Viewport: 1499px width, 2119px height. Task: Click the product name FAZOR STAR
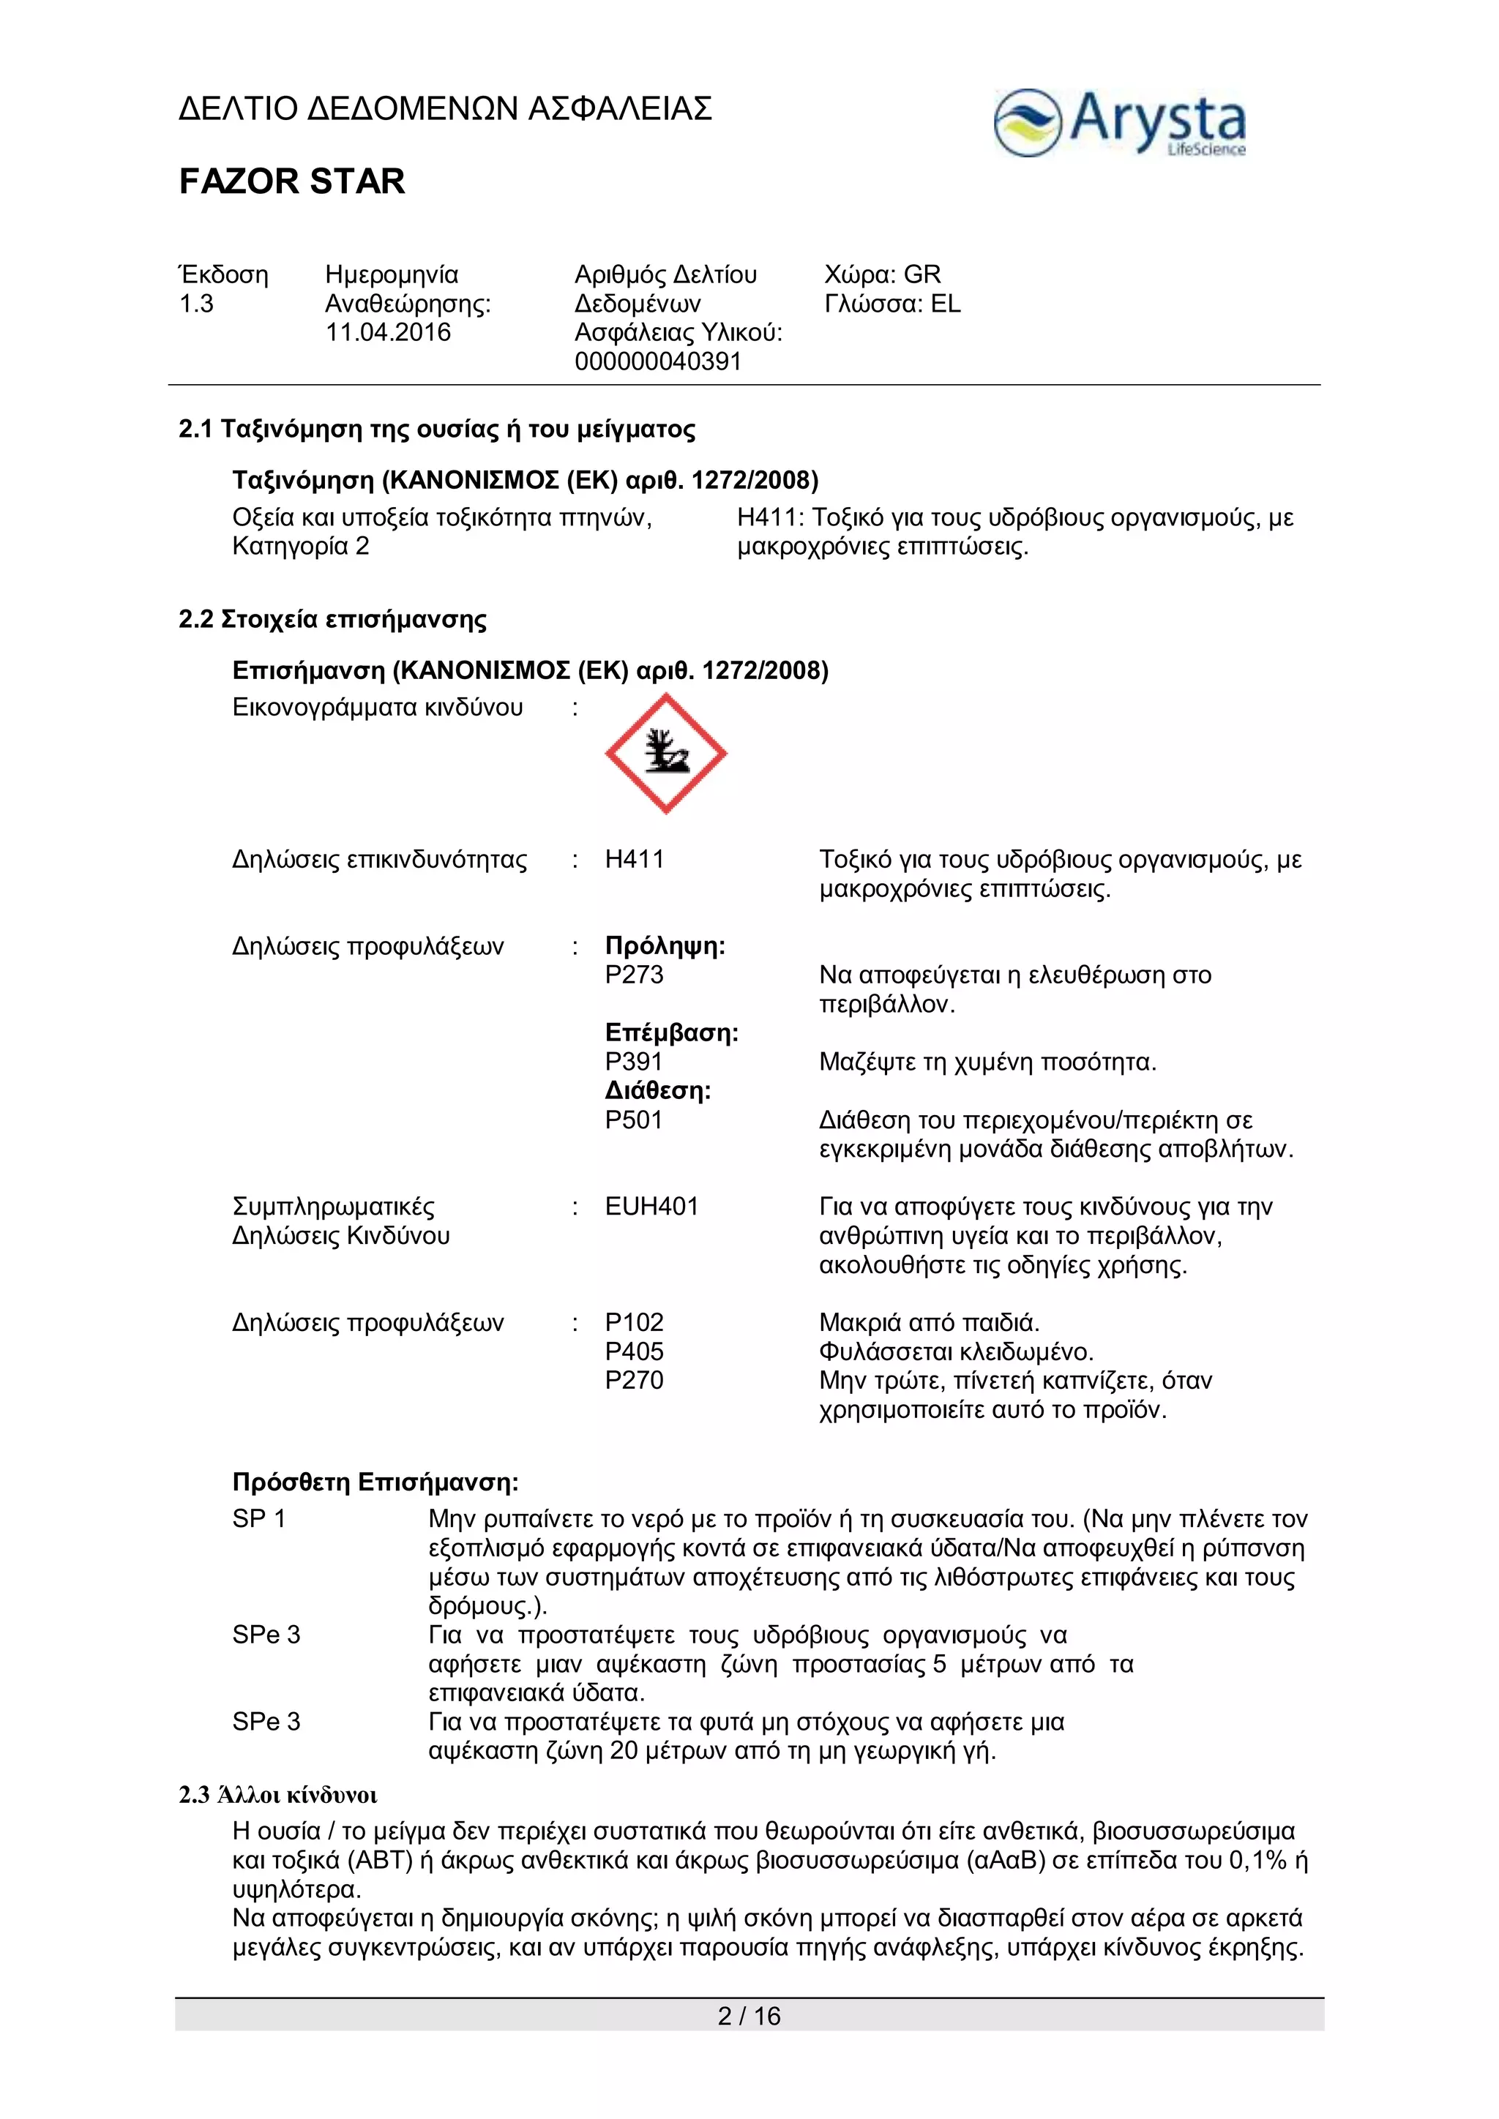pos(292,181)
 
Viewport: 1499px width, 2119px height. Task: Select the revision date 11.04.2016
pos(388,332)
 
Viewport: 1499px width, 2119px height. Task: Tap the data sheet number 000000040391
pos(657,361)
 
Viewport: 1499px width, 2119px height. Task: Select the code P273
pos(634,975)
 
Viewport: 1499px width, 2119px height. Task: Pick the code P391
pos(633,1062)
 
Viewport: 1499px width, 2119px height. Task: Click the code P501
pos(633,1119)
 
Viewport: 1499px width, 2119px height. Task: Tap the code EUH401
pos(651,1207)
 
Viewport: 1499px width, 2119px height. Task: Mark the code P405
pos(634,1351)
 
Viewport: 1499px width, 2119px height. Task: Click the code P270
pos(634,1380)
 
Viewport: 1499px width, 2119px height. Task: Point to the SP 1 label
pos(258,1518)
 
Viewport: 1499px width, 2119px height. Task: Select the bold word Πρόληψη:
pos(665,946)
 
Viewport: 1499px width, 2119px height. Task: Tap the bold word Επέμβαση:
pos(672,1032)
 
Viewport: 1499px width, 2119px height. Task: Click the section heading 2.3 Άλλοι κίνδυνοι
pos(278,1795)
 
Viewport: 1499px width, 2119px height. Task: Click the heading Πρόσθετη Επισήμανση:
pos(375,1482)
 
